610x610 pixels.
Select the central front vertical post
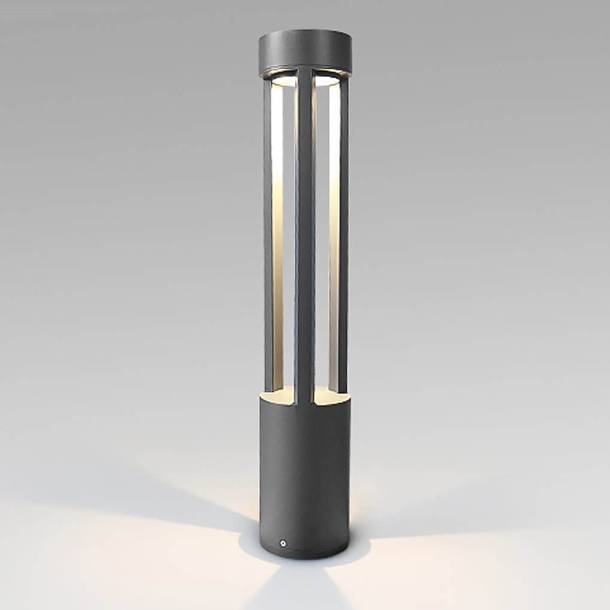click(304, 239)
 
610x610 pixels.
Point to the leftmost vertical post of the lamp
click(268, 239)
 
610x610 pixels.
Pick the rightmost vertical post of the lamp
click(343, 239)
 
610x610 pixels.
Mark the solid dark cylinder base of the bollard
click(304, 466)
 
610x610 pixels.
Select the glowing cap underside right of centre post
click(327, 80)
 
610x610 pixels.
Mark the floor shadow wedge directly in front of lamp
click(299, 589)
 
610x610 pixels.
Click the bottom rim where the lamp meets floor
click(305, 554)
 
